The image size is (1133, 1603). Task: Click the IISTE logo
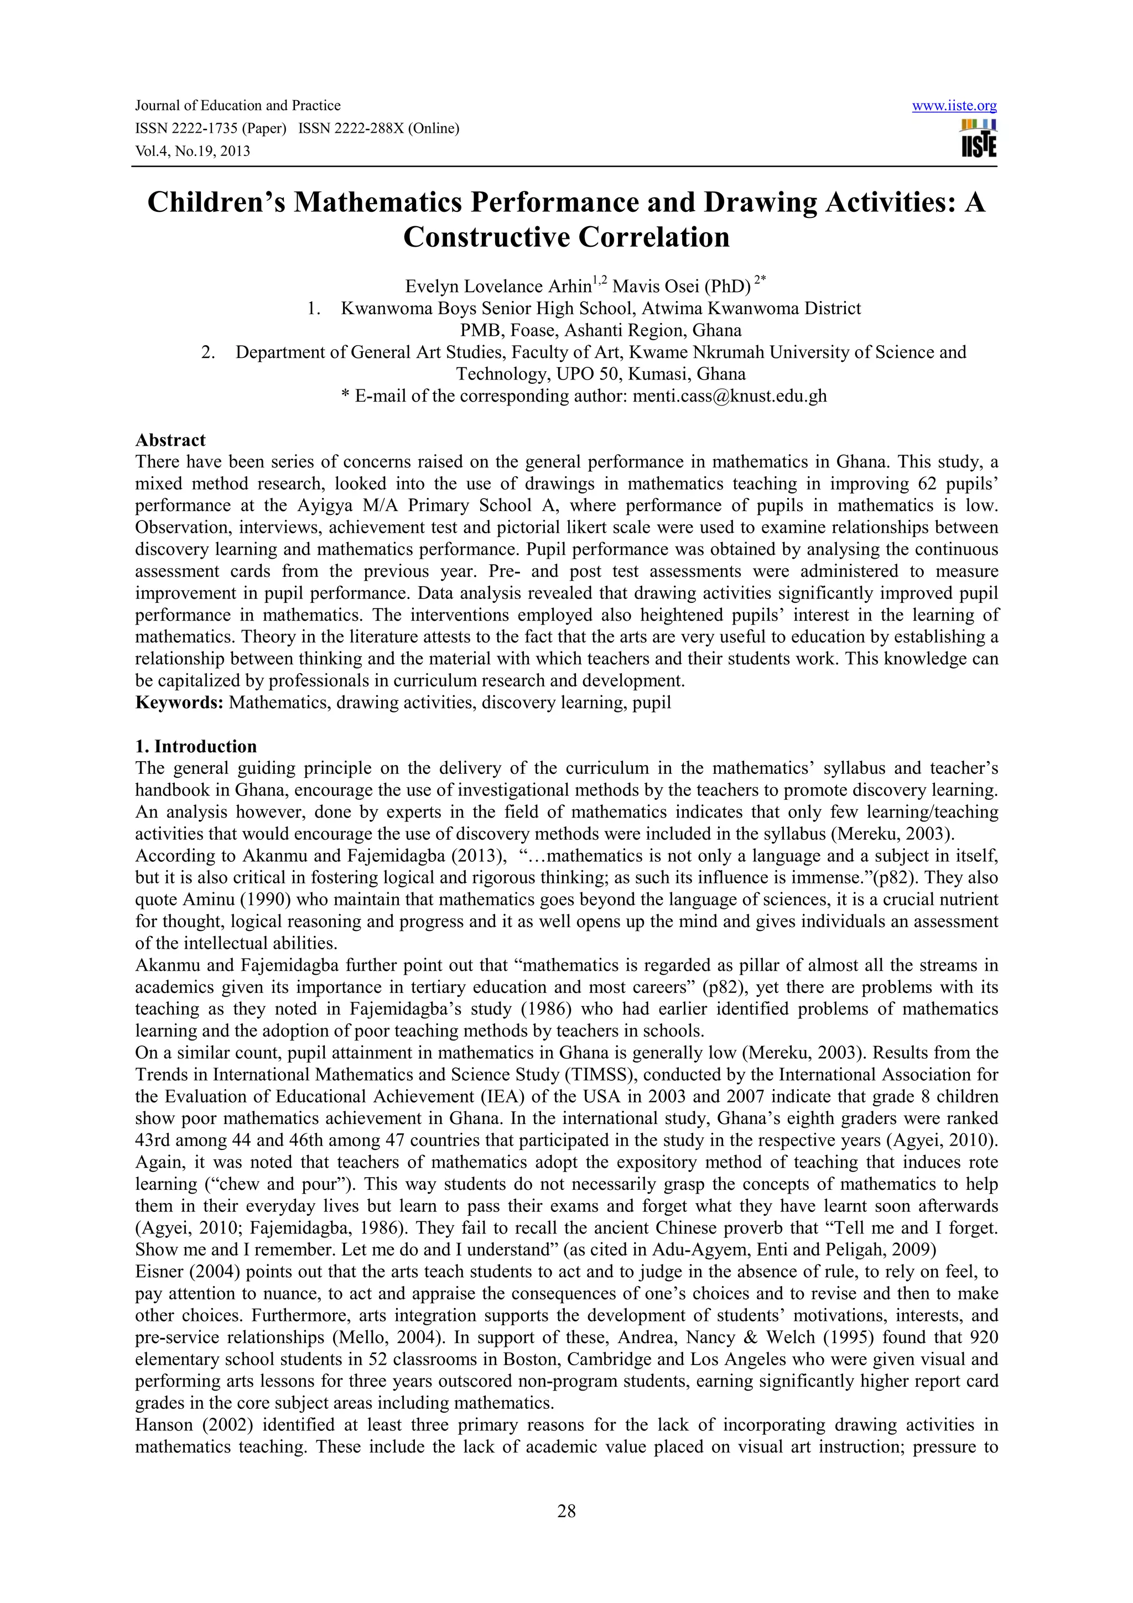(979, 139)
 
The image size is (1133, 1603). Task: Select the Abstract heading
(170, 440)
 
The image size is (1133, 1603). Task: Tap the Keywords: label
(179, 702)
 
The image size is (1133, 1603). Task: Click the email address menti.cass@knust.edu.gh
(729, 397)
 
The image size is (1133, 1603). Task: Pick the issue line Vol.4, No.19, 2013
(193, 151)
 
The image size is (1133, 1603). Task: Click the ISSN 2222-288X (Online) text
(378, 128)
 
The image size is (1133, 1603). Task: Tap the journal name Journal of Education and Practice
(237, 106)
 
